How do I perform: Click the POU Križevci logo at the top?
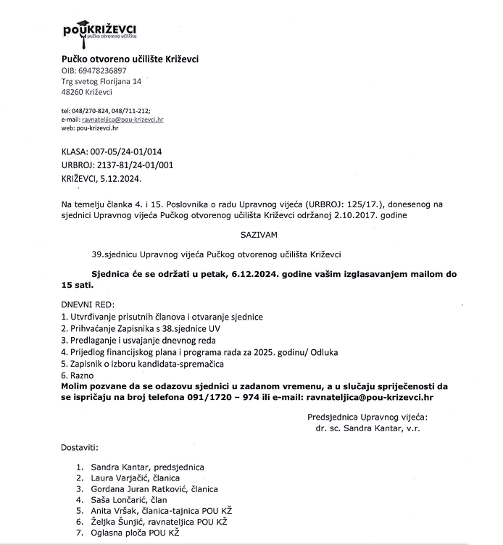coord(100,31)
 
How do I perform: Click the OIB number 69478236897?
coord(102,71)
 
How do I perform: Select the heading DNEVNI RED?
coord(88,304)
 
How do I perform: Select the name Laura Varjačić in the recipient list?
coord(121,478)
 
